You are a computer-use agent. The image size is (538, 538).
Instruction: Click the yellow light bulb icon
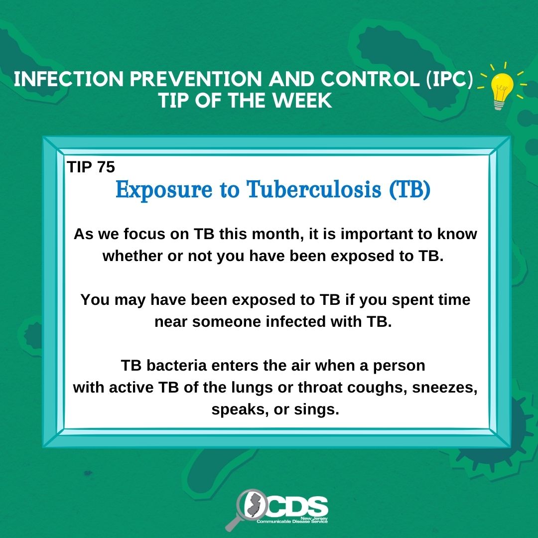click(502, 88)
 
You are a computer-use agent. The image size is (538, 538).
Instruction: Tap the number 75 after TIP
click(106, 167)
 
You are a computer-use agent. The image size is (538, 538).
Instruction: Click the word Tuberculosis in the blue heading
click(314, 189)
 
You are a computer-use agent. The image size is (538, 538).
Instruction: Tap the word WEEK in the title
click(303, 101)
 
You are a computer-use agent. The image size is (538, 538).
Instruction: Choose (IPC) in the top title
click(449, 79)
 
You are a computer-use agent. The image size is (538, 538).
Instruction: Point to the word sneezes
click(444, 388)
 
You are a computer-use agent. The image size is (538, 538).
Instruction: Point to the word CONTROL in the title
click(370, 79)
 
